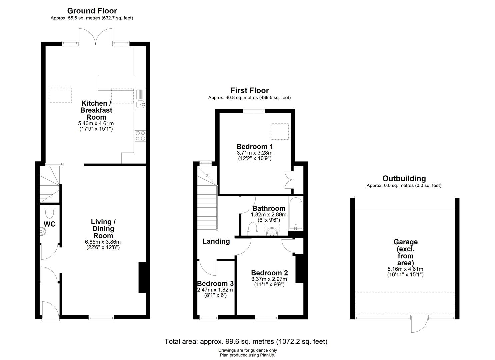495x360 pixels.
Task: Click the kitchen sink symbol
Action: click(x=140, y=99)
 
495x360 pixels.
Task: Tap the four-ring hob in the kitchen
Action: click(x=140, y=136)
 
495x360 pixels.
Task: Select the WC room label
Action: click(x=49, y=224)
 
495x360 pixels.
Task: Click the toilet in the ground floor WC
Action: click(x=49, y=211)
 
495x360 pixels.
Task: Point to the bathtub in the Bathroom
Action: click(x=295, y=214)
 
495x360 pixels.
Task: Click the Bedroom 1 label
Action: click(x=255, y=147)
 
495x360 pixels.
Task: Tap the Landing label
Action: click(x=216, y=241)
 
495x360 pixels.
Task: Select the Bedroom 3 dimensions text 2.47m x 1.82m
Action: click(x=215, y=290)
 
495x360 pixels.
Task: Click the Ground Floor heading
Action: click(x=92, y=11)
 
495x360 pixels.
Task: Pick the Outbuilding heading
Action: click(x=404, y=178)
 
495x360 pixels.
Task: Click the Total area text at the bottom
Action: click(x=246, y=341)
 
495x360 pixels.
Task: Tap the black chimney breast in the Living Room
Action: click(x=142, y=277)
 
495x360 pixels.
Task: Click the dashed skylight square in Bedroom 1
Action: click(x=280, y=131)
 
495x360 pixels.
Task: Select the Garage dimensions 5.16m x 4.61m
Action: click(x=405, y=269)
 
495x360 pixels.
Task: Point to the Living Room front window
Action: click(x=101, y=317)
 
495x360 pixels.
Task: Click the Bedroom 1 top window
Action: click(x=254, y=110)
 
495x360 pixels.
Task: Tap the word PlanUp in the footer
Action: click(x=267, y=355)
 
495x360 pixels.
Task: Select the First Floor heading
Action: click(x=249, y=90)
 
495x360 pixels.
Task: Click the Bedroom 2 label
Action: click(x=269, y=273)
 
